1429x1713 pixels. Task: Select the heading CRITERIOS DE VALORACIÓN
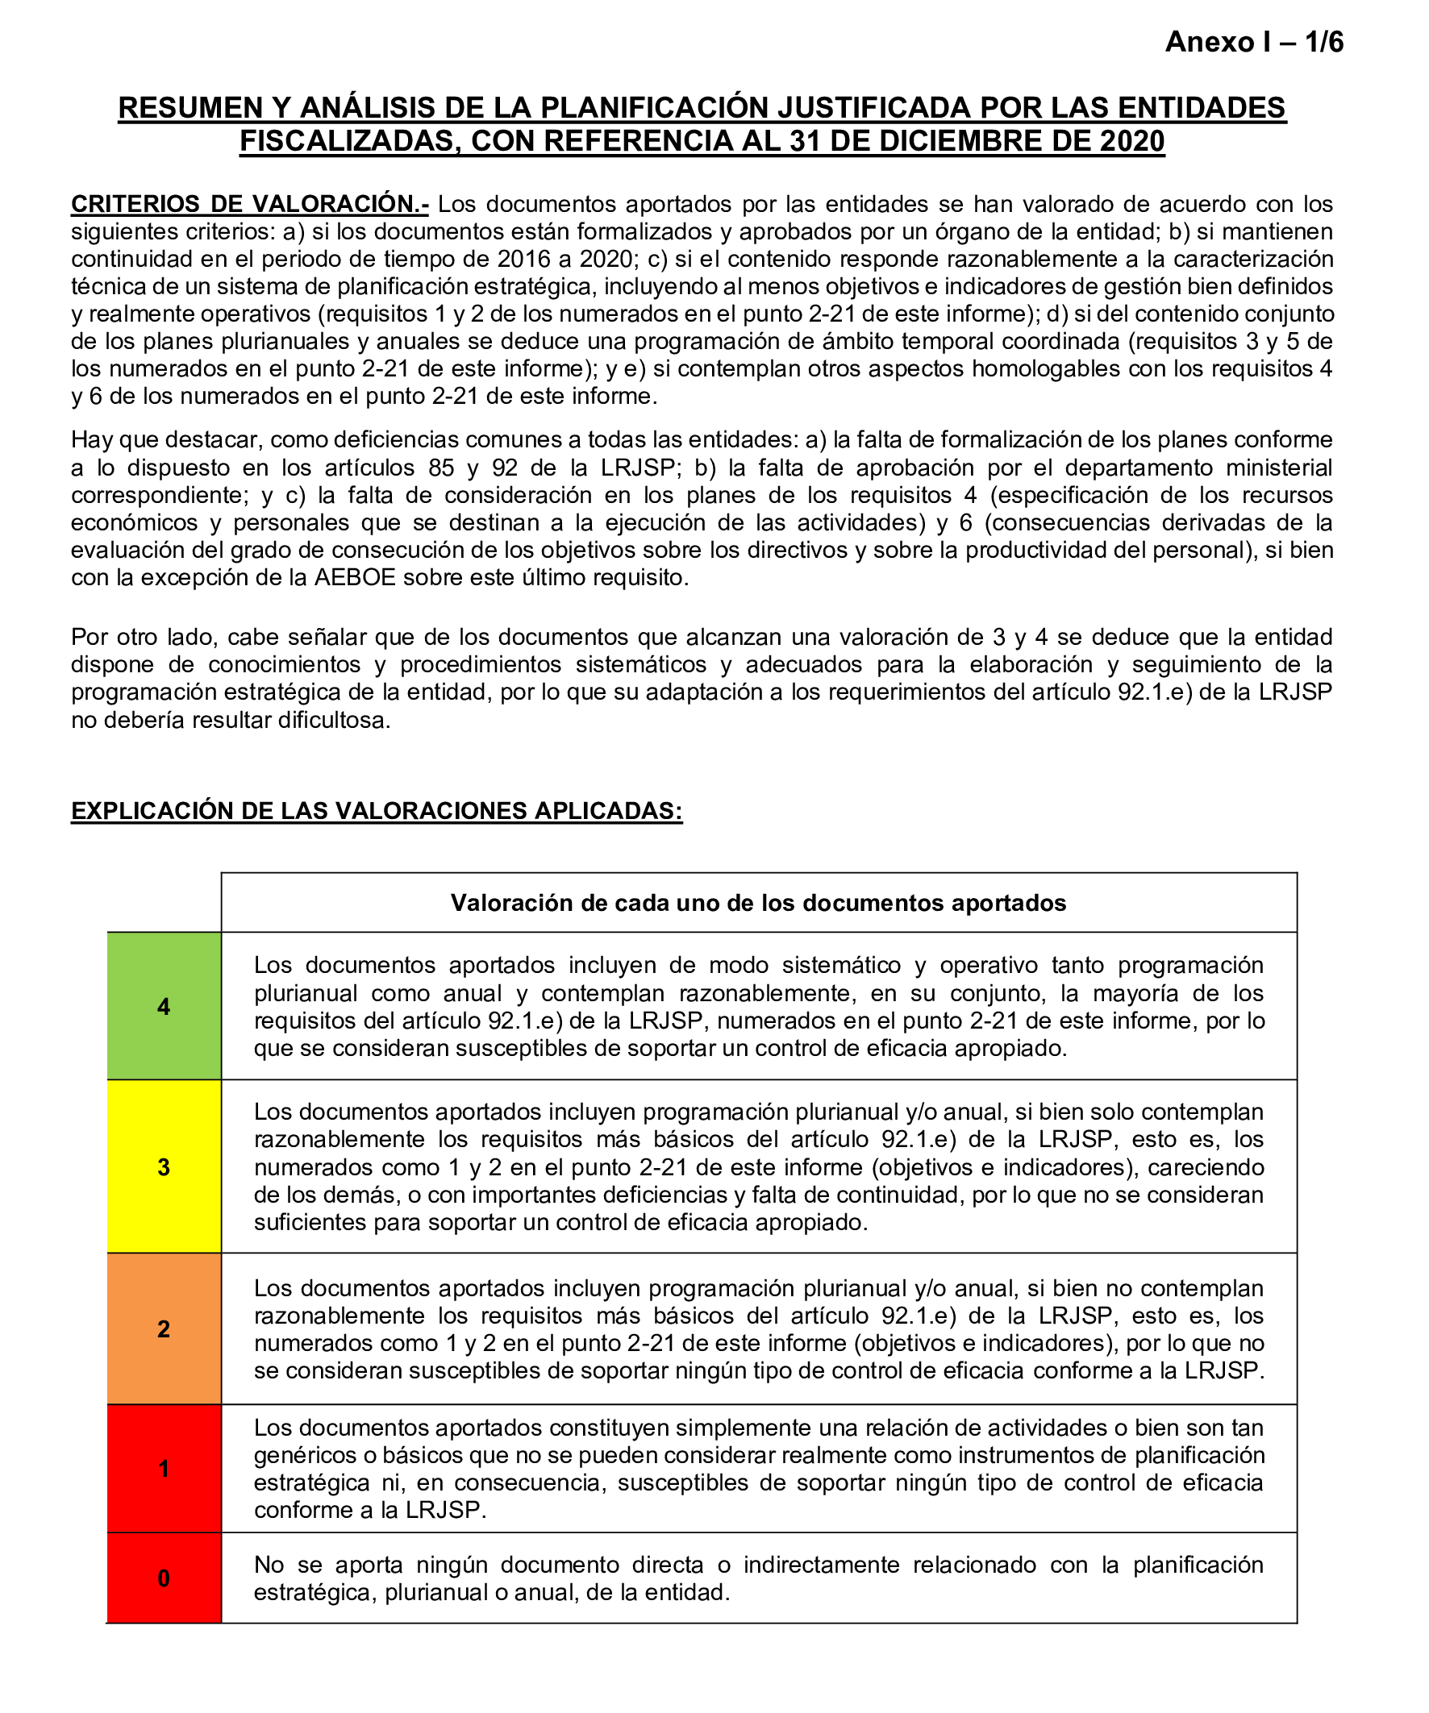click(249, 204)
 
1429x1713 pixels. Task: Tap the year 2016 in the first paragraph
click(523, 259)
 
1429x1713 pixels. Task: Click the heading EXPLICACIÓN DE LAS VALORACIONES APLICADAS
click(377, 811)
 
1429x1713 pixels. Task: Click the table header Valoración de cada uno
click(758, 903)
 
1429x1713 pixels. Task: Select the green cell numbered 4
click(164, 1007)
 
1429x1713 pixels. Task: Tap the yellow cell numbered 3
click(164, 1167)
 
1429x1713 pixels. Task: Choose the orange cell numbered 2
click(164, 1328)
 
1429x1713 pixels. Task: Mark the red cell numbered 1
click(164, 1469)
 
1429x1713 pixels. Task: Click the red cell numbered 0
click(164, 1578)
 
